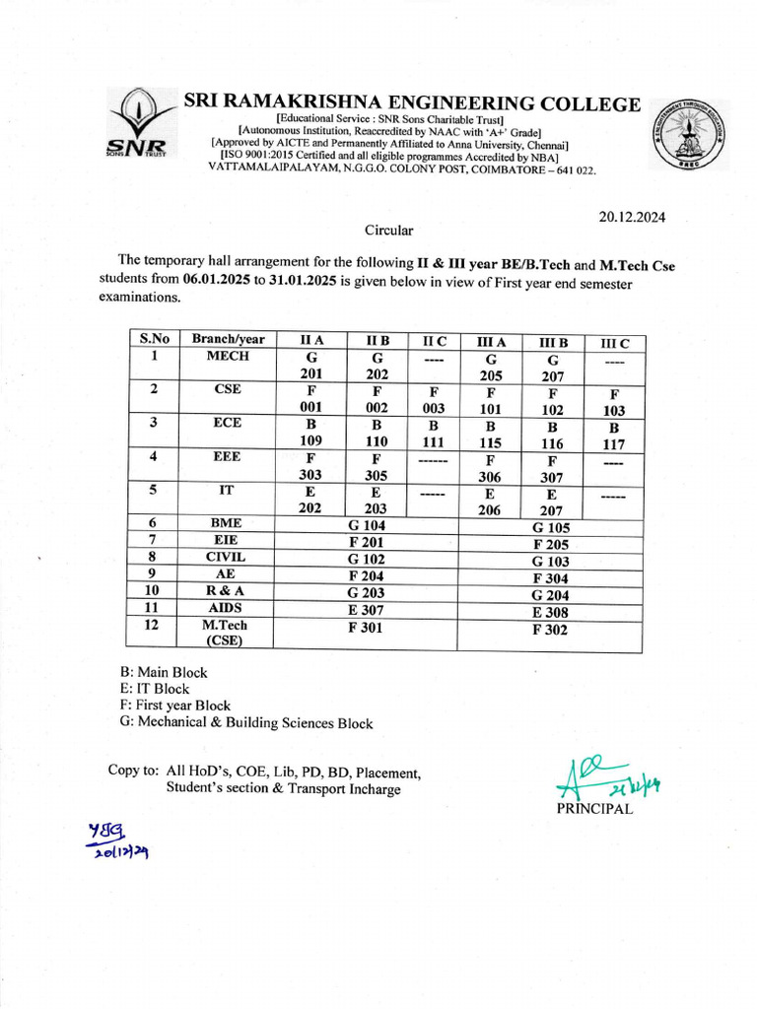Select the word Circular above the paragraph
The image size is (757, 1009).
(x=389, y=231)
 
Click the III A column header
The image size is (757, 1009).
(x=491, y=341)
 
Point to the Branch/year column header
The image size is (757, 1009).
(x=228, y=339)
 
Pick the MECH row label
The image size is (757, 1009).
(x=228, y=357)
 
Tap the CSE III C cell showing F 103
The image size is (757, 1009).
(x=614, y=400)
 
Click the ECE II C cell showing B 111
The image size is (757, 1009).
(x=434, y=435)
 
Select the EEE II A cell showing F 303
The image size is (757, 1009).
(x=311, y=466)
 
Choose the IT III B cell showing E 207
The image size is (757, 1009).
(x=551, y=502)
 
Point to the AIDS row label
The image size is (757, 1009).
(x=225, y=608)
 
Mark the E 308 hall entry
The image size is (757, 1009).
(x=549, y=612)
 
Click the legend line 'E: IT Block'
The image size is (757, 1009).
(x=155, y=689)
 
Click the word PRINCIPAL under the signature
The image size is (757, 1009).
(x=595, y=809)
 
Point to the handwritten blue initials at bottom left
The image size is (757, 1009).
(x=120, y=840)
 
